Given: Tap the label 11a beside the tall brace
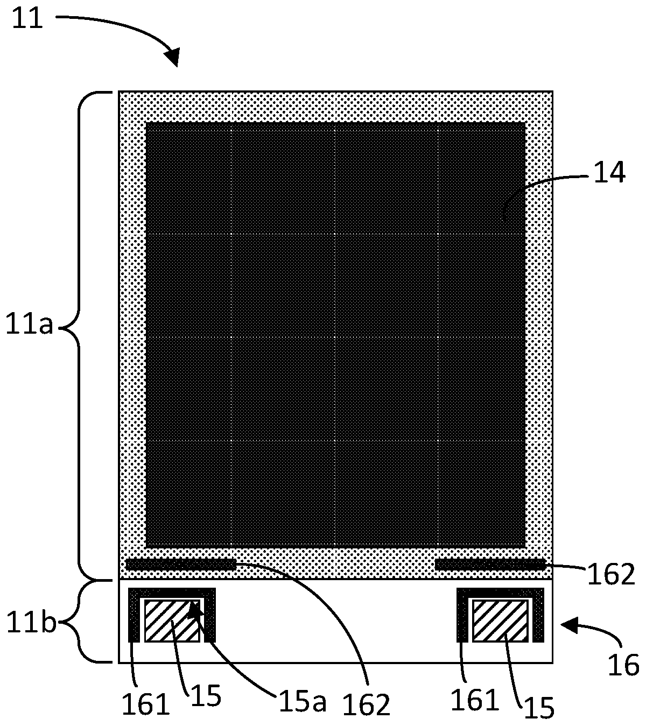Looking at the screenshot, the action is tap(30, 326).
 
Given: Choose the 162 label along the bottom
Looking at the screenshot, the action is tap(366, 703).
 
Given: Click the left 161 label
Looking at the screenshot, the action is tap(146, 703).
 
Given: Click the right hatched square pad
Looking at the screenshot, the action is tap(500, 620).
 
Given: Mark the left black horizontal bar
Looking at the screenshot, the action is tap(181, 565).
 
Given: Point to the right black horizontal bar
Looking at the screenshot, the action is tap(490, 565).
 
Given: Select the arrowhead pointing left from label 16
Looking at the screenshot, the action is tap(569, 624).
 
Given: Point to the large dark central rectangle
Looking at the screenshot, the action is tap(335, 335).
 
